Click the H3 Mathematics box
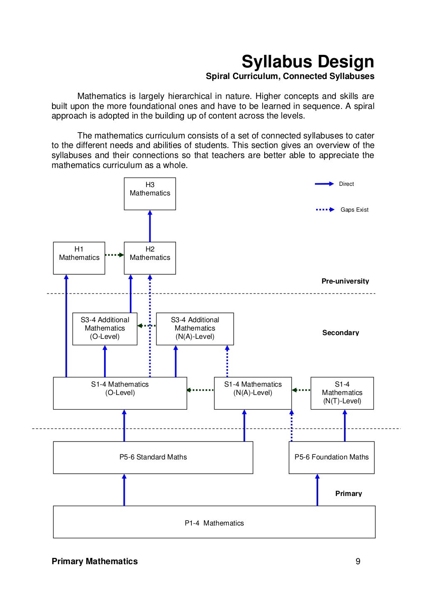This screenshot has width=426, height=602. tap(150, 194)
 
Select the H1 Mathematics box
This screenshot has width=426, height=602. tap(79, 258)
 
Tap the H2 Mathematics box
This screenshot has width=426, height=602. tap(150, 258)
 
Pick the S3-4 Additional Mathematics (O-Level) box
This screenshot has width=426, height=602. tap(105, 328)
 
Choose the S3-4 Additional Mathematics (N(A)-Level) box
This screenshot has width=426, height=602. tap(195, 328)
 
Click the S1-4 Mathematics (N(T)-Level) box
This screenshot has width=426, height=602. tap(342, 393)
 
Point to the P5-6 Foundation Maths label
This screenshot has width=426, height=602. tap(332, 457)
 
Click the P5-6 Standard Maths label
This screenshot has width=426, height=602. tap(153, 457)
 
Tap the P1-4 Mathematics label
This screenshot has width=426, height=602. tap(214, 523)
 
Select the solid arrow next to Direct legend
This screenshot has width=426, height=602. tap(324, 184)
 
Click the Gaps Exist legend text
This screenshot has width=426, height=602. tap(354, 210)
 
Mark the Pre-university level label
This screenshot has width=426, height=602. tap(345, 281)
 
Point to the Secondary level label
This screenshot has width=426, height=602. tap(341, 333)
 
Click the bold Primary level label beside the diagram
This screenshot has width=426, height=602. tap(349, 493)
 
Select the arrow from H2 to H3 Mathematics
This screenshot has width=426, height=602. tap(150, 226)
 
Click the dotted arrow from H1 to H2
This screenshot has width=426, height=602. tap(114, 255)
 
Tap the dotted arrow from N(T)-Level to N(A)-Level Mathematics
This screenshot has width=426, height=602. tap(301, 390)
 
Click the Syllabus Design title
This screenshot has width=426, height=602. tap(308, 62)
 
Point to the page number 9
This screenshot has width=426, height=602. tap(358, 561)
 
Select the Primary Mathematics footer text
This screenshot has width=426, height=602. tap(94, 561)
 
